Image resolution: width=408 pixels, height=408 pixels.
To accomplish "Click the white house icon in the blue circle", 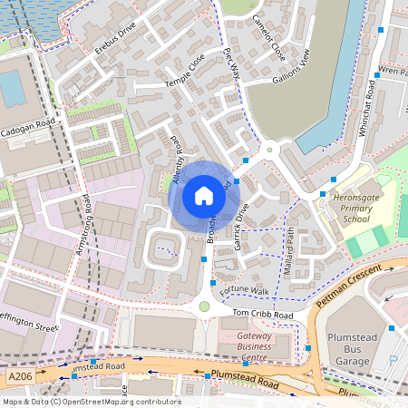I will click(204, 195).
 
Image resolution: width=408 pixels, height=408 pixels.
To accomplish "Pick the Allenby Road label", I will click(178, 161).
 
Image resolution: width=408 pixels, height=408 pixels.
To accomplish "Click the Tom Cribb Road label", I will click(263, 315).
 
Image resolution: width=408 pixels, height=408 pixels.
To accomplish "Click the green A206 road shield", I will click(20, 373).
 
